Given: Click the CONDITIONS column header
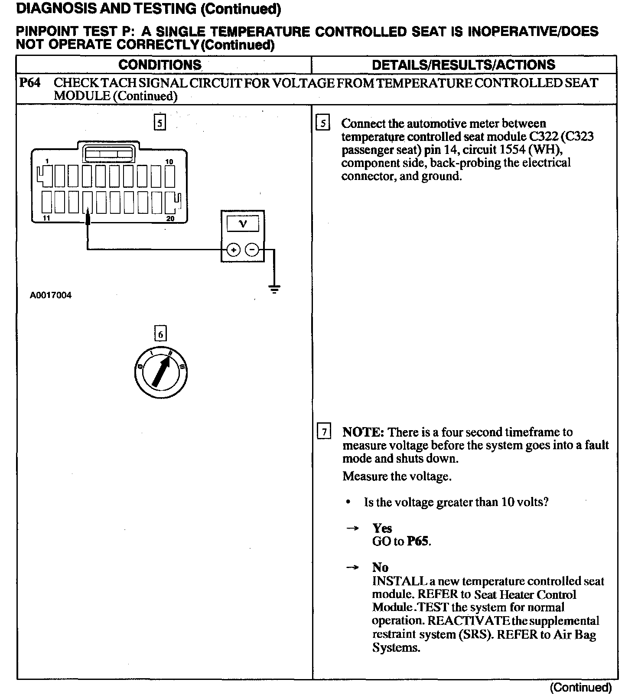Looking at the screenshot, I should pos(160,65).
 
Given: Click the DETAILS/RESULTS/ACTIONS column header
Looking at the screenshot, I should pos(463,65).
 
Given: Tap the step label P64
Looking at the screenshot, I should pos(30,83).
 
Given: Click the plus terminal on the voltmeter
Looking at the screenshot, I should pos(233,250).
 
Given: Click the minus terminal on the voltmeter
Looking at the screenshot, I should pos(252,250).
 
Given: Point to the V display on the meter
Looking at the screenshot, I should pos(243,224).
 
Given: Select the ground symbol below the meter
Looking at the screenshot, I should pos(274,288).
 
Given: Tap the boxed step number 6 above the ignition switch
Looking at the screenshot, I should pos(160,334).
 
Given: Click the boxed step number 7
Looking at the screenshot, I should pos(324,432).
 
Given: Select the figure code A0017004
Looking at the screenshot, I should pos(51,295).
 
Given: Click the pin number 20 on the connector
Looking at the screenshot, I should pos(170,219).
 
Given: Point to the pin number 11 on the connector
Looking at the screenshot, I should pos(46,218).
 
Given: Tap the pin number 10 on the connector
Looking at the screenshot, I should pos(169,162).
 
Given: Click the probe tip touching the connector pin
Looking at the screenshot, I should pos(88,214).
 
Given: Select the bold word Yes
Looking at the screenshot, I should pos(382,528).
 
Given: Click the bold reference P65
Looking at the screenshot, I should pos(419,542).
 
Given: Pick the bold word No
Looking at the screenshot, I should pos(380,567).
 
